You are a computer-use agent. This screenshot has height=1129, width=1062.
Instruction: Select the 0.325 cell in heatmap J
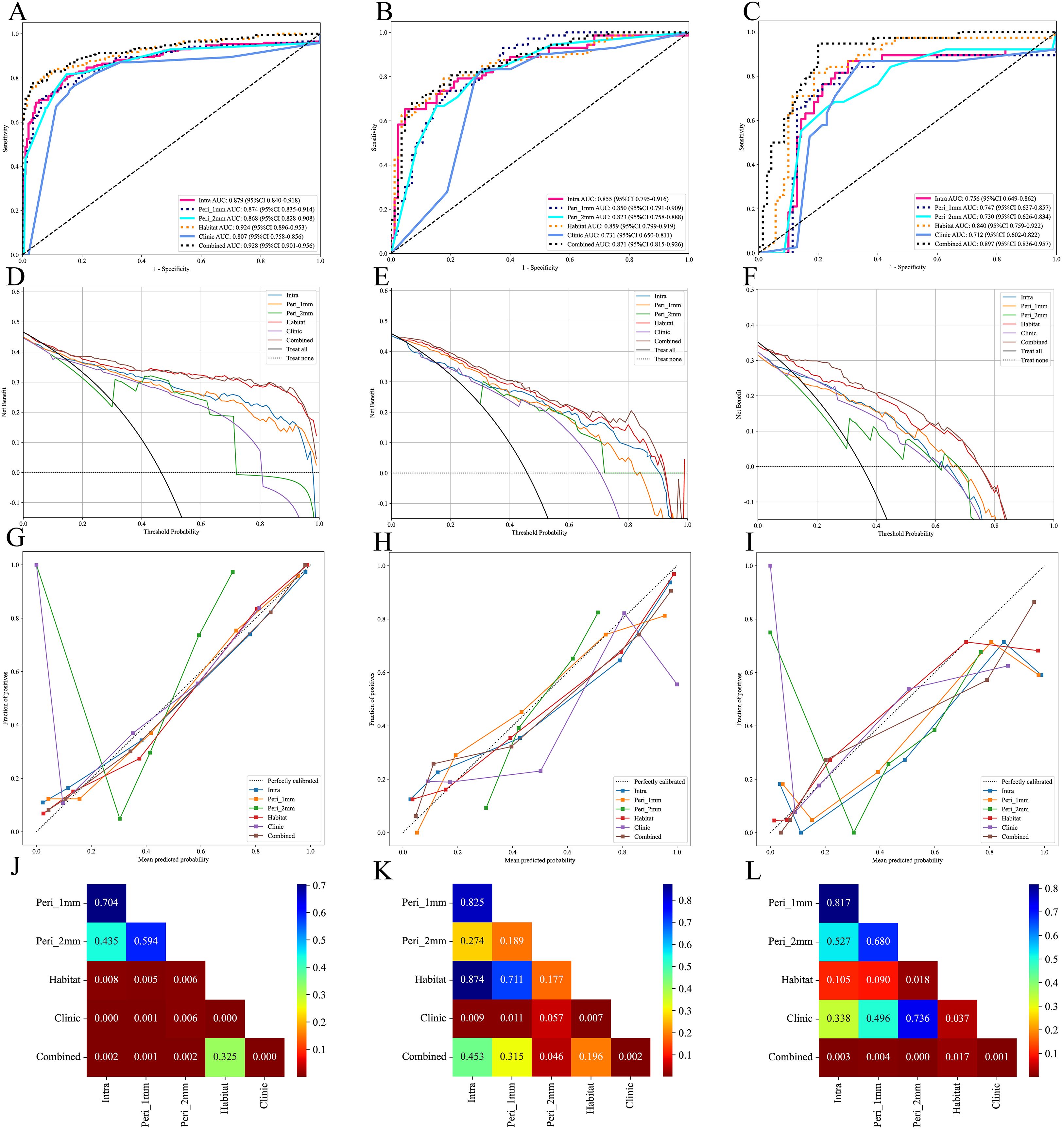(225, 1056)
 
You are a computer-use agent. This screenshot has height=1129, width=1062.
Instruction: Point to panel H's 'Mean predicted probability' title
(539, 860)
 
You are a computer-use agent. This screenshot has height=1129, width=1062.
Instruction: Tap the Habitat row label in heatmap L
(797, 980)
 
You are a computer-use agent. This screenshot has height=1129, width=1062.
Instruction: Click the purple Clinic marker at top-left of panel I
(770, 565)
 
